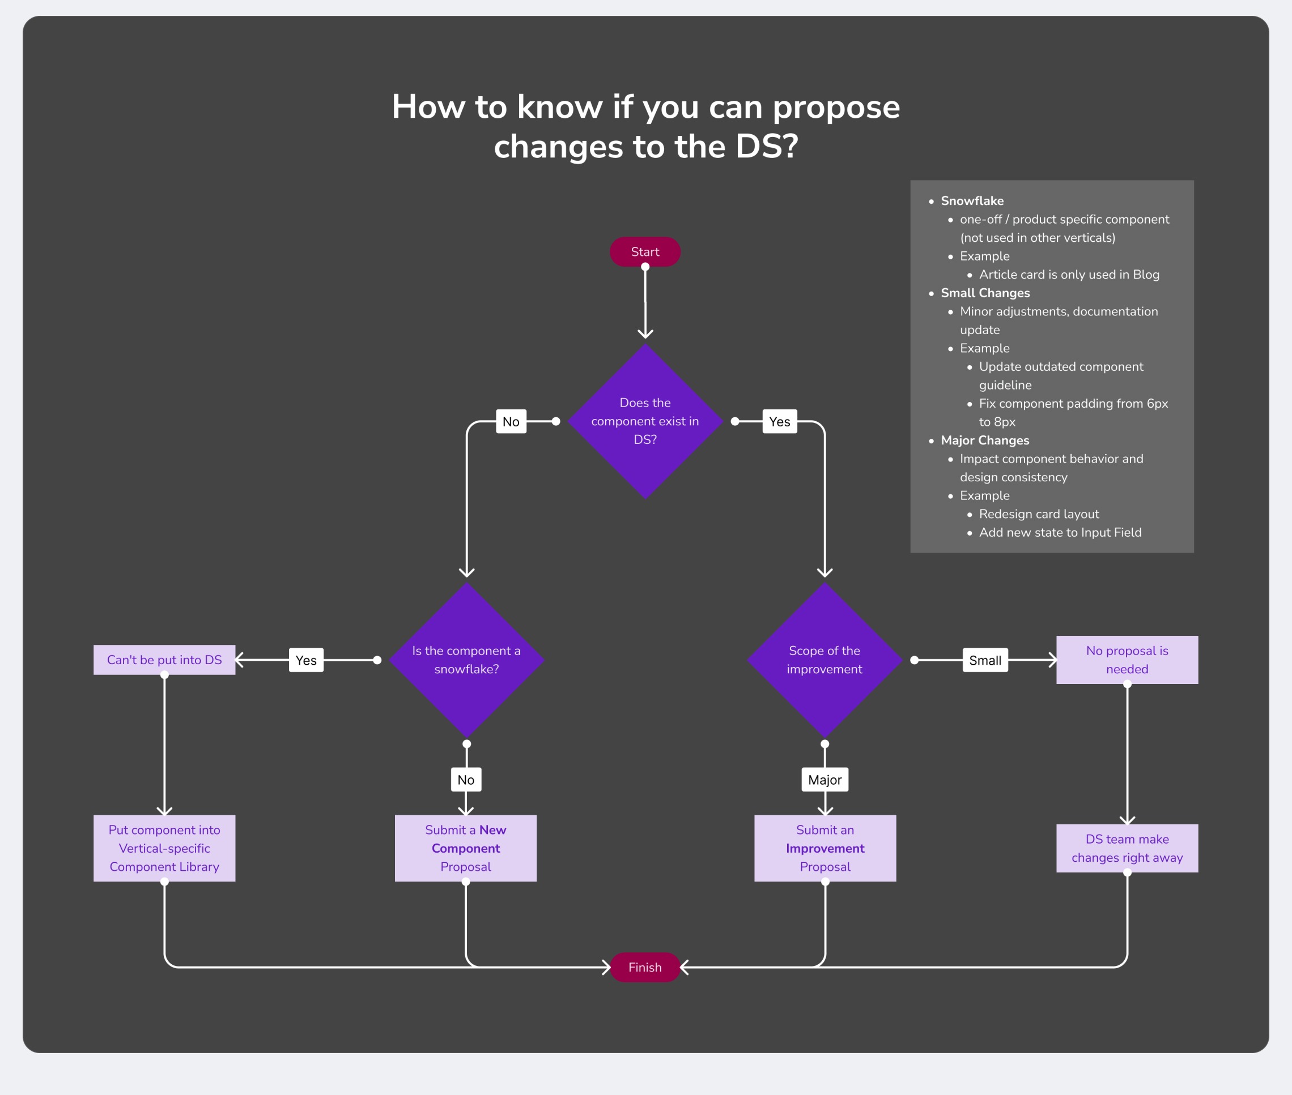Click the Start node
[645, 252]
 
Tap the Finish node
[645, 967]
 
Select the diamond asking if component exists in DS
[645, 421]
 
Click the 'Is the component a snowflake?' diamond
[466, 660]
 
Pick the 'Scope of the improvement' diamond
[824, 660]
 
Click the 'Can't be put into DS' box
[164, 660]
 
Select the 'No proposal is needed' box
[1127, 660]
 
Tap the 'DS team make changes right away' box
[1127, 848]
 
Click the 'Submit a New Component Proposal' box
[465, 848]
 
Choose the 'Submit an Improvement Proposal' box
[825, 848]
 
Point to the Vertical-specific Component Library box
[164, 848]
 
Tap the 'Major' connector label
[824, 780]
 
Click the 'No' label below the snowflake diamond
[466, 780]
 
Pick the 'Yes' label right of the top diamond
[780, 421]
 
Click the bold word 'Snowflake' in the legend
[972, 201]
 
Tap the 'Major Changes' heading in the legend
[984, 440]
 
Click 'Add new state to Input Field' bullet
[1060, 533]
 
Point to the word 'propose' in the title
[836, 107]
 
